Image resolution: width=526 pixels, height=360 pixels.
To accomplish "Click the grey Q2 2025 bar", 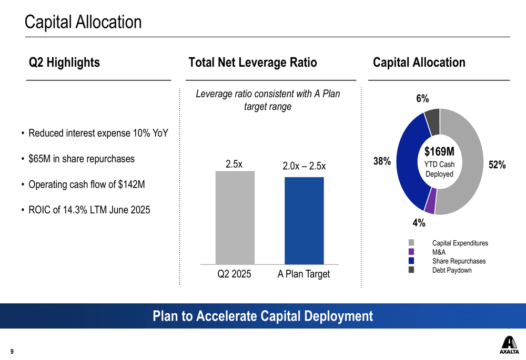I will click(x=235, y=218).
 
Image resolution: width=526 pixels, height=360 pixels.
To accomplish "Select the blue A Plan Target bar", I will click(x=304, y=221).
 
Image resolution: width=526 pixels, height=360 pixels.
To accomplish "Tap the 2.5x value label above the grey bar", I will click(x=234, y=164).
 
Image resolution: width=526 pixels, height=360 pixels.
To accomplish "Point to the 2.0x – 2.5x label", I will click(x=304, y=167).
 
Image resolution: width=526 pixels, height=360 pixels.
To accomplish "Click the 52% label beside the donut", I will click(x=497, y=165).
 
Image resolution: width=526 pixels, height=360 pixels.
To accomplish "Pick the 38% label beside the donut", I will click(x=382, y=162).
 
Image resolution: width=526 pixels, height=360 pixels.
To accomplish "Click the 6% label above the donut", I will click(x=422, y=99).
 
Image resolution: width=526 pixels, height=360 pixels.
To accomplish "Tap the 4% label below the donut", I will click(x=419, y=223).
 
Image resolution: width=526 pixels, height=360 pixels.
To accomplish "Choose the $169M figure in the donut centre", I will click(x=439, y=152).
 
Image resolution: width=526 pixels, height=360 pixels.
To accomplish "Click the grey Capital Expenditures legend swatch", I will click(x=411, y=243).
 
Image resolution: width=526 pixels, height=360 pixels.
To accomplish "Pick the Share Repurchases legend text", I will click(x=459, y=261).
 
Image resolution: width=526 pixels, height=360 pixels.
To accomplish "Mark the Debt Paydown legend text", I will click(x=452, y=270).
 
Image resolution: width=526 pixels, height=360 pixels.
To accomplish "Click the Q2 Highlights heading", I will click(x=64, y=63).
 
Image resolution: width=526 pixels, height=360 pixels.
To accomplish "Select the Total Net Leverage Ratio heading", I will click(x=252, y=63).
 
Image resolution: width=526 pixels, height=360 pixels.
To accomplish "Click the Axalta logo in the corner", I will click(x=509, y=345).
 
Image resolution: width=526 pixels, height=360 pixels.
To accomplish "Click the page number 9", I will click(x=12, y=352).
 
